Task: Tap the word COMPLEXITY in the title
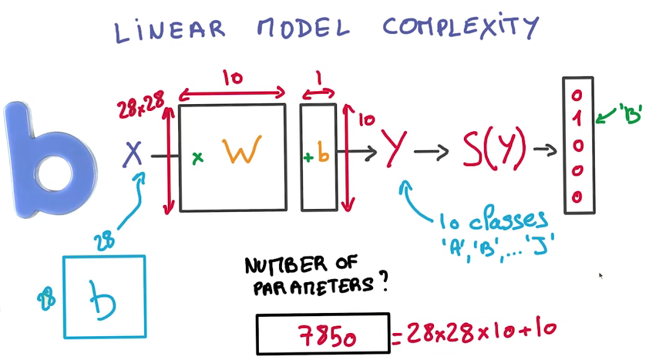click(x=460, y=28)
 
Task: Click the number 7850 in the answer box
click(x=324, y=336)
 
